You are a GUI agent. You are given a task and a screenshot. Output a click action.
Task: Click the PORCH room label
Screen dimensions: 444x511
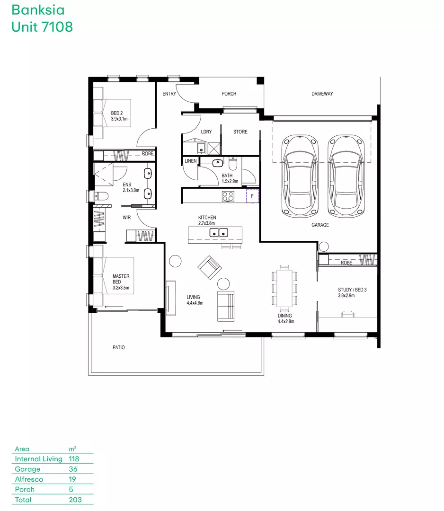pos(229,94)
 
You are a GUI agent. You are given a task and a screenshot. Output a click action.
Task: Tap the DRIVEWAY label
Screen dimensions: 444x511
pos(322,94)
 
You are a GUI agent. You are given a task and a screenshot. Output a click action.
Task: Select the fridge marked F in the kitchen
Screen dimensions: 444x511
pos(252,196)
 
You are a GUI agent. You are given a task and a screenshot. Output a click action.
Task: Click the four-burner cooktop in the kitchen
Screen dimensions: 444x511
pos(228,196)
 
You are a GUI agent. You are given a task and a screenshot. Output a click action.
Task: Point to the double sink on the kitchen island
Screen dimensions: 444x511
pos(218,233)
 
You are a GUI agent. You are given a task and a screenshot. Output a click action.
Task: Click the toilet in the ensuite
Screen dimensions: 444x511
pos(101,196)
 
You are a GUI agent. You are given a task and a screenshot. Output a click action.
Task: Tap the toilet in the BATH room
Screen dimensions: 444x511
pos(233,162)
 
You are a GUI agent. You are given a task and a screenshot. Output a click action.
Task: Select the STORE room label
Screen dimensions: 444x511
pos(240,132)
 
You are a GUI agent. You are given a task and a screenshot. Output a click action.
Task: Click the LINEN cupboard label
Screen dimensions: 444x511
pos(191,161)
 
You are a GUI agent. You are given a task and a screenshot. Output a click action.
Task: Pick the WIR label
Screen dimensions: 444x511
pos(126,217)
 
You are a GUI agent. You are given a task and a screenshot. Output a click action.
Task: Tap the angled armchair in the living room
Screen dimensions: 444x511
pos(210,267)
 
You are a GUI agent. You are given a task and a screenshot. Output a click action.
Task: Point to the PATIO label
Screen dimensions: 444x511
pos(119,347)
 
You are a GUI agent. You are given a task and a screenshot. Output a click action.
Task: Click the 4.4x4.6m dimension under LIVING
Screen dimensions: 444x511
pos(195,303)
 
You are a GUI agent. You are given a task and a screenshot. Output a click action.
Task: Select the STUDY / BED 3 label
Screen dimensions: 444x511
pos(352,290)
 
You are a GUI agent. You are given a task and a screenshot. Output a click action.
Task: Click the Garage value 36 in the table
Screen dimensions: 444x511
pos(73,469)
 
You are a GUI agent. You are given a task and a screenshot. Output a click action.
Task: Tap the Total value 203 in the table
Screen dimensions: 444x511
pos(75,500)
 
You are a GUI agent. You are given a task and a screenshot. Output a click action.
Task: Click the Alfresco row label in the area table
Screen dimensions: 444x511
pos(29,479)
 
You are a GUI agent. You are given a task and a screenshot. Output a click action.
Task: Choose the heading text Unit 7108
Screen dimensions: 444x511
pos(42,26)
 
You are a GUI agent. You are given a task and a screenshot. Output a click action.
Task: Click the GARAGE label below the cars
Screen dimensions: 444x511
pos(320,225)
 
